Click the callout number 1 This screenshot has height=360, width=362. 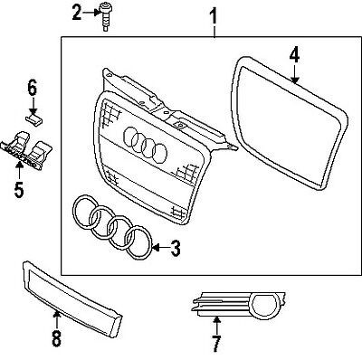click(214, 15)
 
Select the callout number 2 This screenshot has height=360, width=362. click(77, 12)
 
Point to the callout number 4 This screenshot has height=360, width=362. click(294, 54)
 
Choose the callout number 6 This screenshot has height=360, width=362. click(31, 89)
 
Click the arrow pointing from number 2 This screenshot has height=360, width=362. click(90, 13)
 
